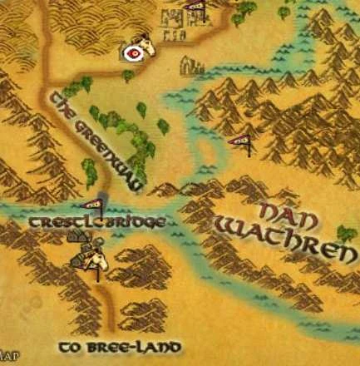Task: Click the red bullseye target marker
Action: click(132, 52)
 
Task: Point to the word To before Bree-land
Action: click(72, 345)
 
